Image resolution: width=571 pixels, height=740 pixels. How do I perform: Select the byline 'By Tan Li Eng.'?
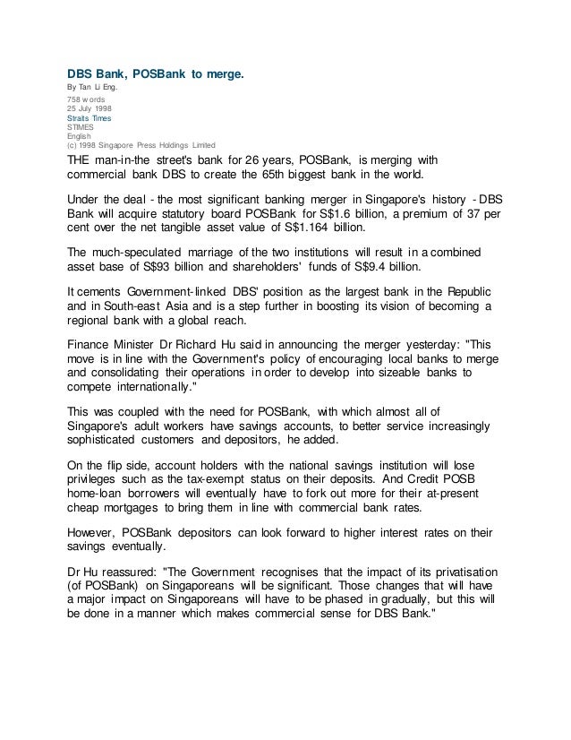[x=94, y=87]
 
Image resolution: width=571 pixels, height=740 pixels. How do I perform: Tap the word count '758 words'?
[x=89, y=99]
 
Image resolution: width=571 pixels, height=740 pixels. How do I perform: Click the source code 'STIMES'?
[x=82, y=127]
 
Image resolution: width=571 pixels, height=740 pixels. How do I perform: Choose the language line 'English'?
[x=81, y=136]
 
